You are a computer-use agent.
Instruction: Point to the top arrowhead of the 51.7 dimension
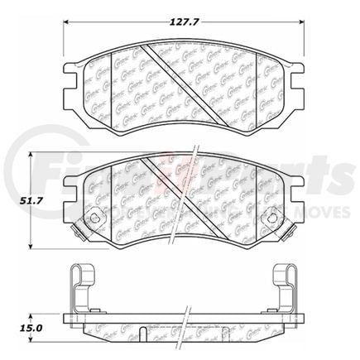point(31,155)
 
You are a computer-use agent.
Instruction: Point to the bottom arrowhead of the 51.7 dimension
point(31,247)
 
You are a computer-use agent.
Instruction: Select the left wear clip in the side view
point(78,290)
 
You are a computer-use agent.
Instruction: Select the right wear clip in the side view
point(283,290)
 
